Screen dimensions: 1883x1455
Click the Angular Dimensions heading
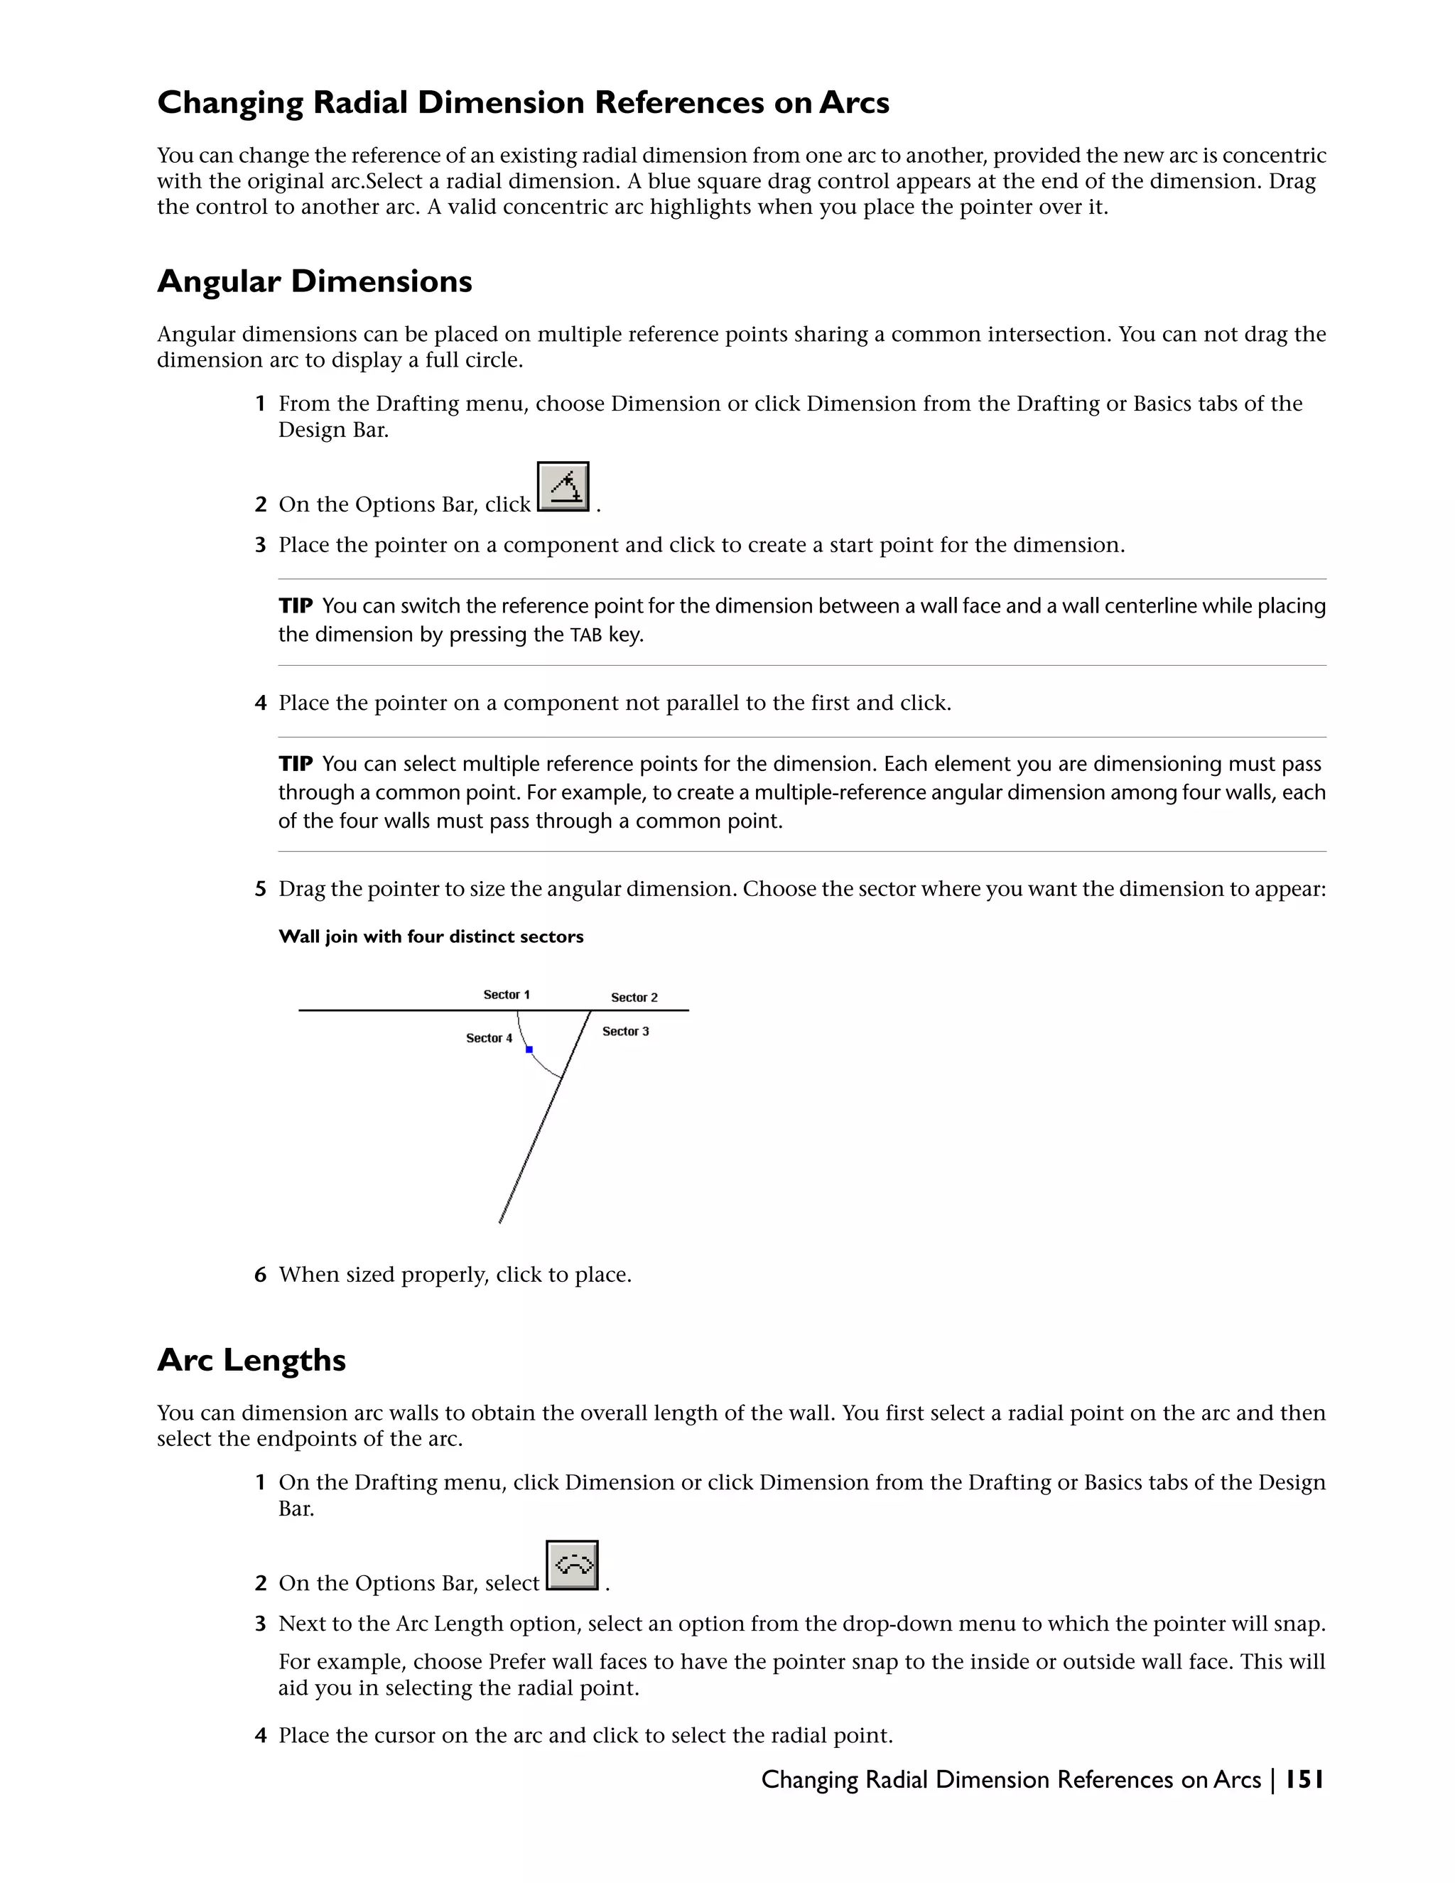[315, 282]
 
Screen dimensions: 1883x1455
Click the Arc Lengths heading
[251, 1359]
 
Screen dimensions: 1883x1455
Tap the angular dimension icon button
[563, 487]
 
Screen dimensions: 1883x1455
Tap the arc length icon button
[573, 1565]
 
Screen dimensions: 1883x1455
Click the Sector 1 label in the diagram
[506, 995]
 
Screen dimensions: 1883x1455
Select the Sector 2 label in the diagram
[634, 998]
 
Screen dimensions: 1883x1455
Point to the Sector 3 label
[625, 1031]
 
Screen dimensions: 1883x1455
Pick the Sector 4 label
[489, 1038]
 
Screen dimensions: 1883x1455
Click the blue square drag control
[529, 1050]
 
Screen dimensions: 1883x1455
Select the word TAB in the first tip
[585, 636]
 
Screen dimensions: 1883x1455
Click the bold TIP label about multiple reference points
[296, 764]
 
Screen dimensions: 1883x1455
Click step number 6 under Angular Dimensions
[260, 1275]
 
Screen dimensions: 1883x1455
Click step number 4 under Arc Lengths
[260, 1736]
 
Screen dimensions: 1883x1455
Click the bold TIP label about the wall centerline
[296, 606]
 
